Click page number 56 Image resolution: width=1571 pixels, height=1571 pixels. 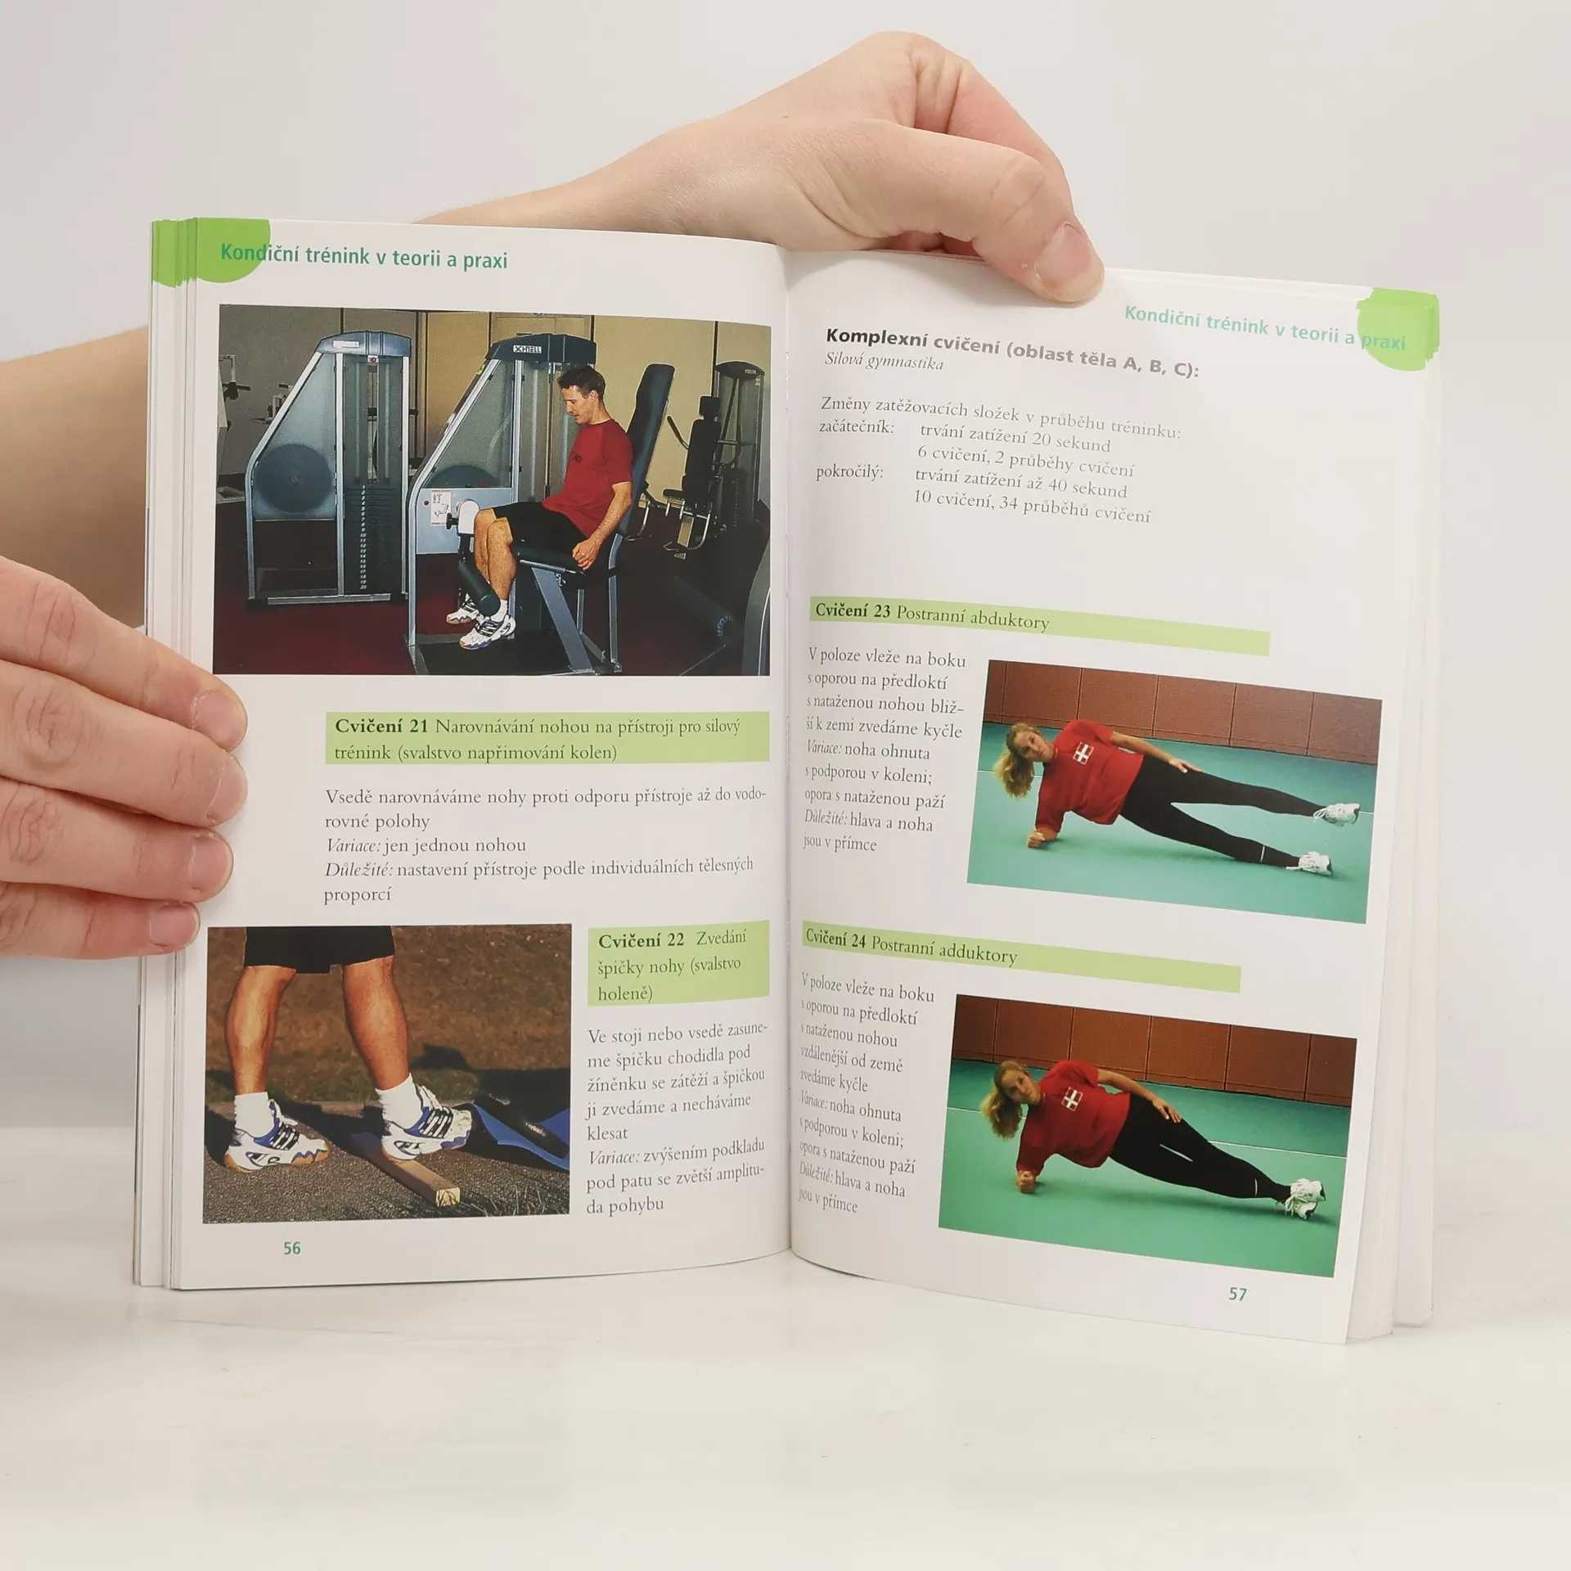292,1249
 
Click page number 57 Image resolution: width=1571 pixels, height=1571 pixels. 1237,1294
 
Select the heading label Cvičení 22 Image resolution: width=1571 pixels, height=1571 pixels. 641,941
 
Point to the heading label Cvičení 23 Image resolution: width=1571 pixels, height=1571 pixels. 853,610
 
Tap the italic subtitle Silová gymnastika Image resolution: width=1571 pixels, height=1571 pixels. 884,360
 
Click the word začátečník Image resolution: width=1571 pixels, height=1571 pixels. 856,427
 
